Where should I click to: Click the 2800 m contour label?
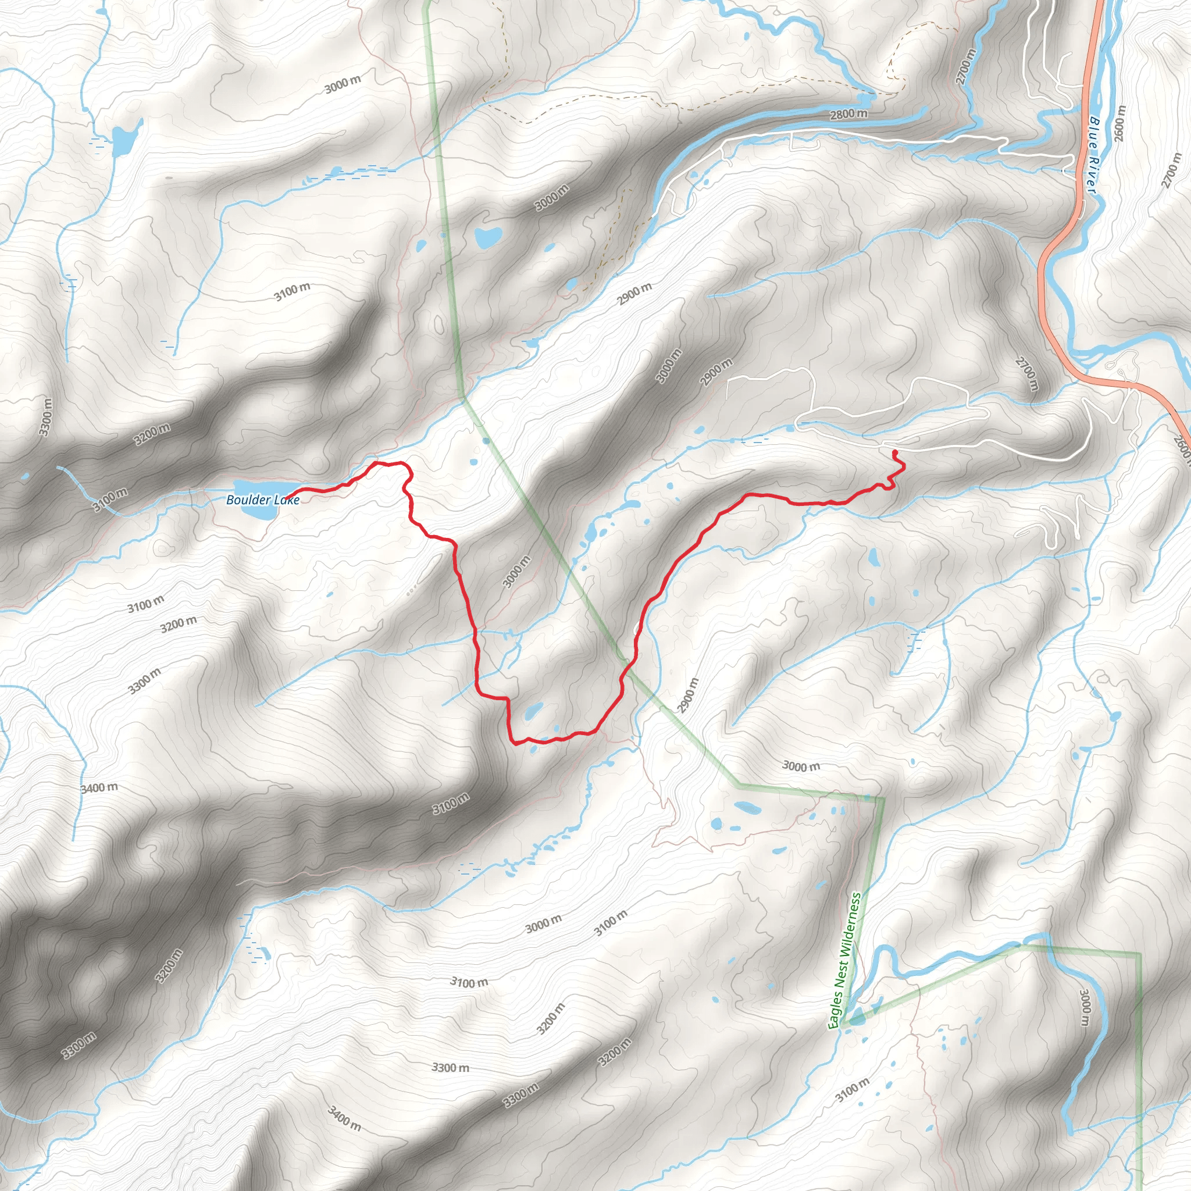(848, 114)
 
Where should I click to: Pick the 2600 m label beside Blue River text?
(1119, 123)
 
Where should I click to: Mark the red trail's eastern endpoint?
(894, 453)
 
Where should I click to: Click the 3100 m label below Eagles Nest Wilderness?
(852, 1089)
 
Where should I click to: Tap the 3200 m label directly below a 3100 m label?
(179, 624)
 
